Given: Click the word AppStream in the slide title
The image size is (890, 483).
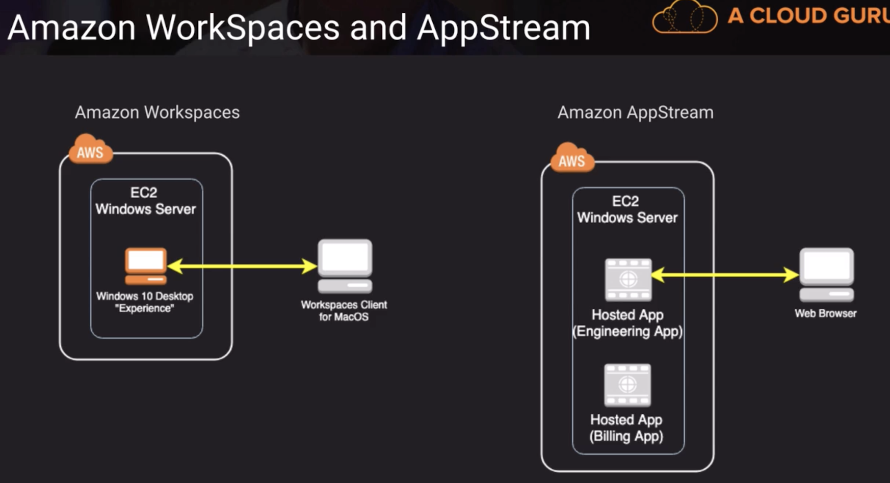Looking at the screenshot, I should [x=504, y=28].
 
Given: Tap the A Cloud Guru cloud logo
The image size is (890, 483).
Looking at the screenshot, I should [x=685, y=18].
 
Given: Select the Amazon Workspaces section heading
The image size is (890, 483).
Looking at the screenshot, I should [x=157, y=113].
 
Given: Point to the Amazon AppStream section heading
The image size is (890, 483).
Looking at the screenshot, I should [x=635, y=113].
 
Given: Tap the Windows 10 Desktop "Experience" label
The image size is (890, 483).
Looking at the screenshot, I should [x=145, y=302].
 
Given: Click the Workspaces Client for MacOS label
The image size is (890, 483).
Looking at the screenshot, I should [x=344, y=311].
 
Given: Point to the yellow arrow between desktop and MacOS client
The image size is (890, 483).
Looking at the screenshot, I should [x=242, y=266].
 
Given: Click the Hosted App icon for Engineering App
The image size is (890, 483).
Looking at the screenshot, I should [x=628, y=280].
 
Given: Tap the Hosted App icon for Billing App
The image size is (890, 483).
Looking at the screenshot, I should [x=627, y=385].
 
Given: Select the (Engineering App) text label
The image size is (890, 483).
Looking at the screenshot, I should [x=627, y=332].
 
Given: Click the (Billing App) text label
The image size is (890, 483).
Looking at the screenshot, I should [x=626, y=437].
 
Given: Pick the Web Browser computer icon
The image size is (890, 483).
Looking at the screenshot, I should [x=826, y=275].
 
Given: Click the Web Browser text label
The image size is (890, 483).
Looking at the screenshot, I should [x=825, y=314].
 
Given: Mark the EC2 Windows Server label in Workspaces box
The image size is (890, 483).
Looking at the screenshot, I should [x=145, y=201].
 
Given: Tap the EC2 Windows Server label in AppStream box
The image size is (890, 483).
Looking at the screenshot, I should [x=627, y=209].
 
